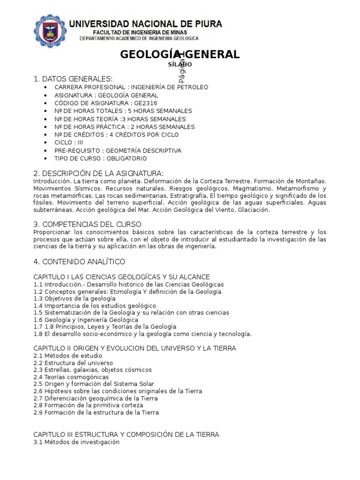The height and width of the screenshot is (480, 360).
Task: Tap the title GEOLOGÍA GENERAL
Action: pos(180,54)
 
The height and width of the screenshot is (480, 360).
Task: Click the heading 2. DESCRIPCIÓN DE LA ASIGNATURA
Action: pos(98,173)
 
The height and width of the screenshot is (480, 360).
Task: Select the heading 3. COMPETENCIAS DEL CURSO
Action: pos(88,225)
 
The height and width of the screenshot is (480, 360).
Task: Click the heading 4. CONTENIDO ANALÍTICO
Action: pos(79,262)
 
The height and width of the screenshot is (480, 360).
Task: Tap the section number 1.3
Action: pos(38,299)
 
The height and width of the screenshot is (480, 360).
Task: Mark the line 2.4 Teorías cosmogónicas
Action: pos(71,377)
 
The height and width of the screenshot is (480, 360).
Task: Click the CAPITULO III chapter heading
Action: pos(126,435)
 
